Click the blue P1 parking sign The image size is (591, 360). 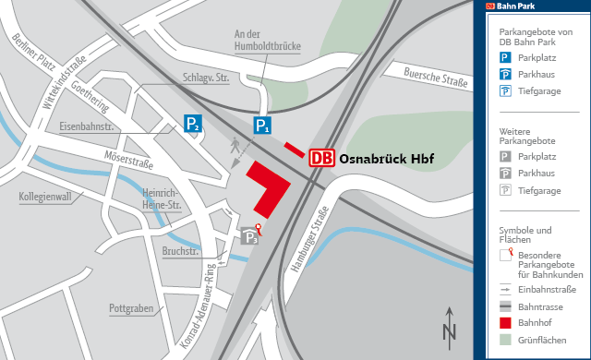coord(263,126)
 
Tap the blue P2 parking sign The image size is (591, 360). coord(192,124)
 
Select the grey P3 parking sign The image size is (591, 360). coord(249,237)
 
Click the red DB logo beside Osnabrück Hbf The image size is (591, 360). coord(321,158)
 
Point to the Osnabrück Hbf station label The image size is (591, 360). coord(386,158)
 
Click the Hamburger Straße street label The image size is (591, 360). coord(309,242)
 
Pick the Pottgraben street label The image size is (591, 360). coord(131,307)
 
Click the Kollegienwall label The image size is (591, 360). coord(44,197)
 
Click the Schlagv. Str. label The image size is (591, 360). coord(206,78)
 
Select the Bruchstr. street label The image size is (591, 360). coord(181,251)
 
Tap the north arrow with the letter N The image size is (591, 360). coord(449,324)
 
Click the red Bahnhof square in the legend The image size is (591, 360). coord(504,322)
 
